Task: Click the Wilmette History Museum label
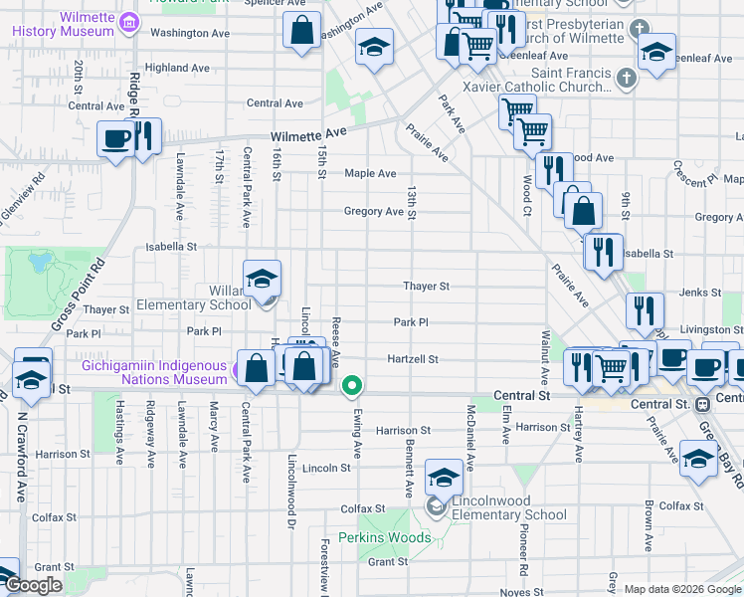63,24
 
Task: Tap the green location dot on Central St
351,385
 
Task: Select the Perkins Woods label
384,537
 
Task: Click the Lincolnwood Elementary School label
508,507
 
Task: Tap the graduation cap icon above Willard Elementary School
263,278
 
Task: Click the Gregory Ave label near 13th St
374,211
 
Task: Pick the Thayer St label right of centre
426,286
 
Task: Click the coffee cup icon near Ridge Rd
115,138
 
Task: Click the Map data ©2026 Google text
682,589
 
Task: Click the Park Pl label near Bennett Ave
410,322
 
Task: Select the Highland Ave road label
176,68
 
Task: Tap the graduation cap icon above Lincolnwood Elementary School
444,477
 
